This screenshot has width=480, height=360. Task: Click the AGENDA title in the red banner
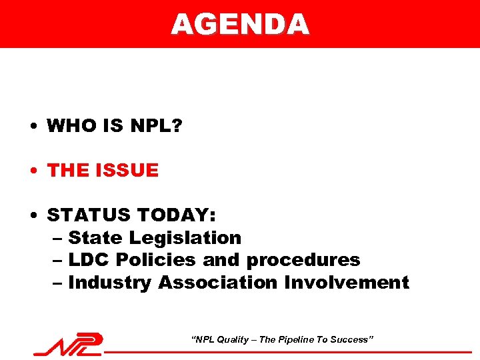point(240,25)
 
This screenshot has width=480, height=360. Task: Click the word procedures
point(303,261)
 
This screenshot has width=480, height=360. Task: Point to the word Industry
point(110,283)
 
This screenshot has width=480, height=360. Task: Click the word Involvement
point(347,283)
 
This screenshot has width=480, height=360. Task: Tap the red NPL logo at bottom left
point(69,345)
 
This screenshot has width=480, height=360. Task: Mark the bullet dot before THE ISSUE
point(32,171)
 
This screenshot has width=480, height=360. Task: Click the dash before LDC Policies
point(57,261)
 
